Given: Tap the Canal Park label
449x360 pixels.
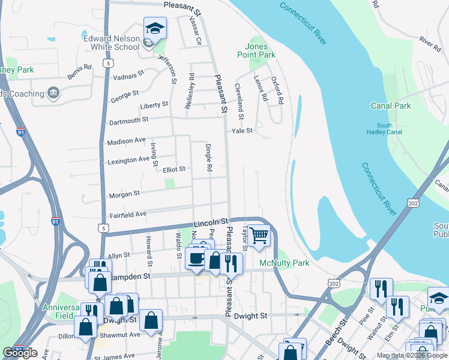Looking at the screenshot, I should (x=391, y=106).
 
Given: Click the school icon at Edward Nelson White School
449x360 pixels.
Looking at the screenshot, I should (x=154, y=29).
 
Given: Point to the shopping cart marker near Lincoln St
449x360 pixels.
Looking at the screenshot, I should (x=259, y=235).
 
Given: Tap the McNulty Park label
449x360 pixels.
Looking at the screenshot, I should (x=284, y=263).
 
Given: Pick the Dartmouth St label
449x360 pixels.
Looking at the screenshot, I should (x=128, y=121).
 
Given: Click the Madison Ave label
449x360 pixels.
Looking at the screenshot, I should (x=126, y=141).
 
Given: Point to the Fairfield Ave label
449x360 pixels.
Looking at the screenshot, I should (x=128, y=214).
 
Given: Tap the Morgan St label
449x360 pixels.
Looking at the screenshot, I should (x=124, y=194).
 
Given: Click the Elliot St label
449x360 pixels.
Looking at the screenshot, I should (x=174, y=169).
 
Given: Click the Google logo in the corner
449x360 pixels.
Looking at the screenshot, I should (x=20, y=353).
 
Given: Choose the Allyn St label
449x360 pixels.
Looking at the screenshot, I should (x=118, y=256).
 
